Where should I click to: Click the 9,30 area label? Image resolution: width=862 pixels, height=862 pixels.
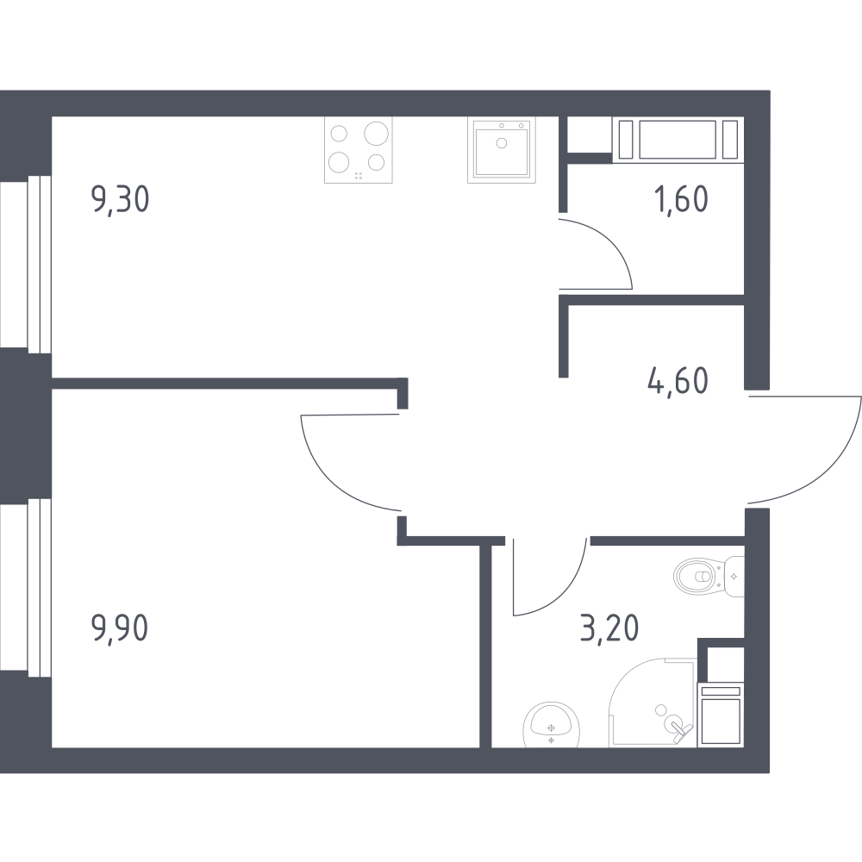[120, 200]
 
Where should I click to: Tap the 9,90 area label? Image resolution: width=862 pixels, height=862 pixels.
[120, 628]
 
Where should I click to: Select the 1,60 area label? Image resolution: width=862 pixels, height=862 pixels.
[681, 199]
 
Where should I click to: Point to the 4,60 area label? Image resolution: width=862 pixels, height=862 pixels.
[678, 381]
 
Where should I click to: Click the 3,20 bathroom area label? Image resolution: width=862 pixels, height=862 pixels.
[609, 628]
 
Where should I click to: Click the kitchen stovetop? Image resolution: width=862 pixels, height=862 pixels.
[359, 150]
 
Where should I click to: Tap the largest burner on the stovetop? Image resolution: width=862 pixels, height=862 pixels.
[377, 134]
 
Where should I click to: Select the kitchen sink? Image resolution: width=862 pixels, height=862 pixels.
[502, 150]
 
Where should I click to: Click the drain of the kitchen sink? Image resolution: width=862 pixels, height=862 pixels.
[502, 143]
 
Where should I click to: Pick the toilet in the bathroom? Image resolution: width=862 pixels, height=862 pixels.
[709, 576]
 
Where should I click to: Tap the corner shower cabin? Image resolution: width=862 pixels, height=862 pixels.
[653, 703]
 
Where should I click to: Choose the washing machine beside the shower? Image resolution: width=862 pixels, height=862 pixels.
[721, 715]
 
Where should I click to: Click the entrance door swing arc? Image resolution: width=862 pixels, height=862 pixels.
[835, 467]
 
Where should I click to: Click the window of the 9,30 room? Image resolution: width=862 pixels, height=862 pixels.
[26, 265]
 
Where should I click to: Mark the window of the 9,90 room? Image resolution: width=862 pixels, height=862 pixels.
[26, 588]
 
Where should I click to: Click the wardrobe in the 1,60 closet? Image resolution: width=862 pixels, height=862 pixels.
[678, 140]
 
